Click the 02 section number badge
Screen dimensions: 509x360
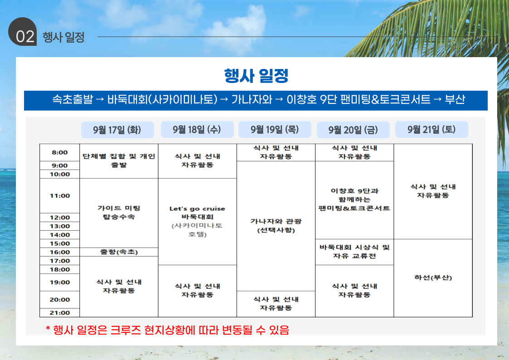23,32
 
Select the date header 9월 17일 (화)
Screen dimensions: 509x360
117,130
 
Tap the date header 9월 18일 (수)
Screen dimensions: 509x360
197,130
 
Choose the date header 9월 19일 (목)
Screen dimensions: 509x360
275,130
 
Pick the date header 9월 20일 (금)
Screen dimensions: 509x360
353,130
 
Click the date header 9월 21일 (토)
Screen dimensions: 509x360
431,130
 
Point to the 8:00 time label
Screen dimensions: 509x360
60,153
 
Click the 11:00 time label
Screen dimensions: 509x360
60,196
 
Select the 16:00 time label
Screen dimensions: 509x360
60,252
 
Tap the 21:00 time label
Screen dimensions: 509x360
60,313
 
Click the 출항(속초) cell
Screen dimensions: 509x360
119,252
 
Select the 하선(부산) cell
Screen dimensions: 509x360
433,278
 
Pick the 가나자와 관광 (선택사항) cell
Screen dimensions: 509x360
276,226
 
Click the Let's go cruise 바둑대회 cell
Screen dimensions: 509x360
197,221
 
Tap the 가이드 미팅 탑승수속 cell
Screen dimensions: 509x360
119,213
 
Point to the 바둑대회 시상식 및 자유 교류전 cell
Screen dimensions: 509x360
354,252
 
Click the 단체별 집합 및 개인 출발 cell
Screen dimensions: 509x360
119,161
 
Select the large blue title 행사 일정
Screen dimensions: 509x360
256,76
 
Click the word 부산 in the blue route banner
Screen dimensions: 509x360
455,99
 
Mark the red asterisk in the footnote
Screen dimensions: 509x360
48,329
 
